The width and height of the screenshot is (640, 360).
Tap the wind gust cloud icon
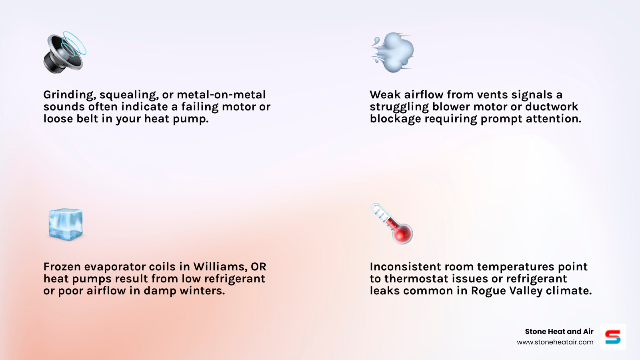[393, 52]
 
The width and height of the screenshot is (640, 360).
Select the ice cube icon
[65, 224]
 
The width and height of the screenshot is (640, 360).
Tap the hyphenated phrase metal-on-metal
[221, 95]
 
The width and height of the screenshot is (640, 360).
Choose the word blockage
[395, 119]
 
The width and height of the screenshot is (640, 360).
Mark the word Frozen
[62, 267]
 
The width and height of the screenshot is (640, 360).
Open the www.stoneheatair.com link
[555, 342]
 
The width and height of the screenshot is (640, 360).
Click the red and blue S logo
[613, 337]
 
